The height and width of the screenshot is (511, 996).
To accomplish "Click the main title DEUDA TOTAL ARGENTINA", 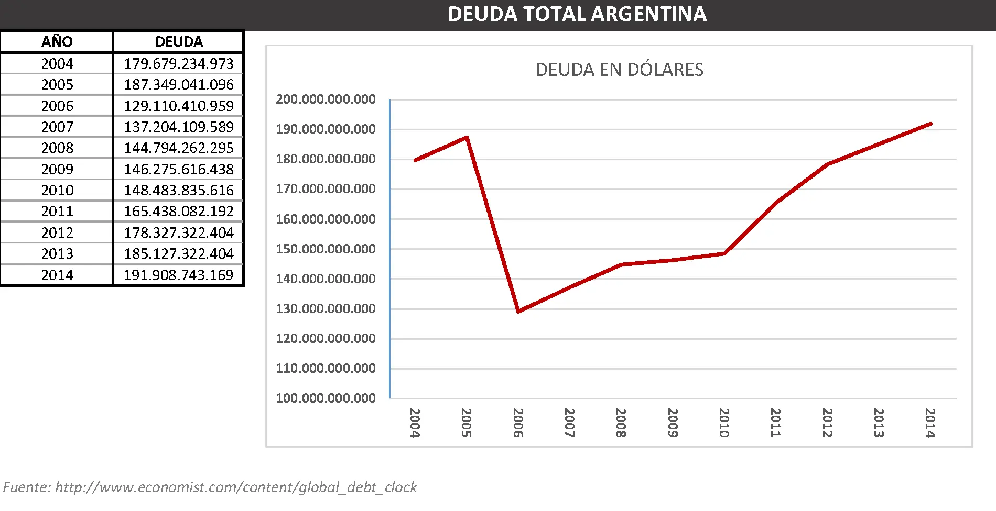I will pos(577,14).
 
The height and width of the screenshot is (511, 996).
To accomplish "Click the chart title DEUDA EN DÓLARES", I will pos(619,70).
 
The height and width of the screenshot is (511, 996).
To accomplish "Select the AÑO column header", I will pos(57,41).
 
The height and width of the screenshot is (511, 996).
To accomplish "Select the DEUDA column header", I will pos(179,41).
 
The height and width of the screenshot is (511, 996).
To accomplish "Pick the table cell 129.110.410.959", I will pos(179,106).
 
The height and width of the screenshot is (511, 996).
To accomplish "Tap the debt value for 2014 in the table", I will pos(179,275).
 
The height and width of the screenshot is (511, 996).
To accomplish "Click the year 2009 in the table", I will pos(57,169).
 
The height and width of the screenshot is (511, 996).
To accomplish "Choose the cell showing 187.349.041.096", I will pos(179,84).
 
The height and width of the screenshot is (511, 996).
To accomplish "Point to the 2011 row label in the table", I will pos(57,211).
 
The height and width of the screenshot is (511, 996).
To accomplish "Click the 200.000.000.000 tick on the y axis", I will pos(326,99).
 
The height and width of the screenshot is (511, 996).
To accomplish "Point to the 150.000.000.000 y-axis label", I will pos(326,249).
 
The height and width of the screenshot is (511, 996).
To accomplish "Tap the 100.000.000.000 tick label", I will pos(326,398).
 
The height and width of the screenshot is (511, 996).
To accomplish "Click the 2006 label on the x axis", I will pos(518,423).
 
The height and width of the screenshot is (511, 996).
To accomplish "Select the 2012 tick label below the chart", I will pos(827,423).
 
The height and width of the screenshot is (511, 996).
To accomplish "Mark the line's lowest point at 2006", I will pos(518,311).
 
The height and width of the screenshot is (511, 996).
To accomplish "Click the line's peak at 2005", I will pos(467,138).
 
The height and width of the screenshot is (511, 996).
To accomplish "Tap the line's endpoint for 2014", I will pos(930,124).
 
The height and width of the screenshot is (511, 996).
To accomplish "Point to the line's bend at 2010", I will pos(724,253).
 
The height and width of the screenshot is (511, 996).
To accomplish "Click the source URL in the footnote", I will pos(236,487).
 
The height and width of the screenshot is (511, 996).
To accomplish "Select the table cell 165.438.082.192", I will pos(179,211).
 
